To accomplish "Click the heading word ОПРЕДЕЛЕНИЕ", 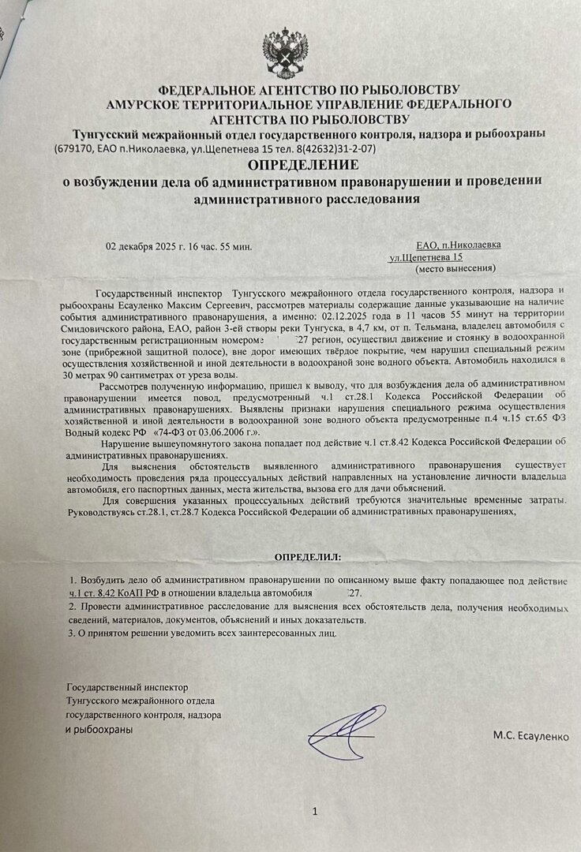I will point(303,165).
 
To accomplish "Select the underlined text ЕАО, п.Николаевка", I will point(458,245).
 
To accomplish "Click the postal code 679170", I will point(76,148).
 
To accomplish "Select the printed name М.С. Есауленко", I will point(530,735).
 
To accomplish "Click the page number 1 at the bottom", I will point(314,810).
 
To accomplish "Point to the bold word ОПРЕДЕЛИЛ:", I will point(308,557).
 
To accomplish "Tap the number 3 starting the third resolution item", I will point(71,632).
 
